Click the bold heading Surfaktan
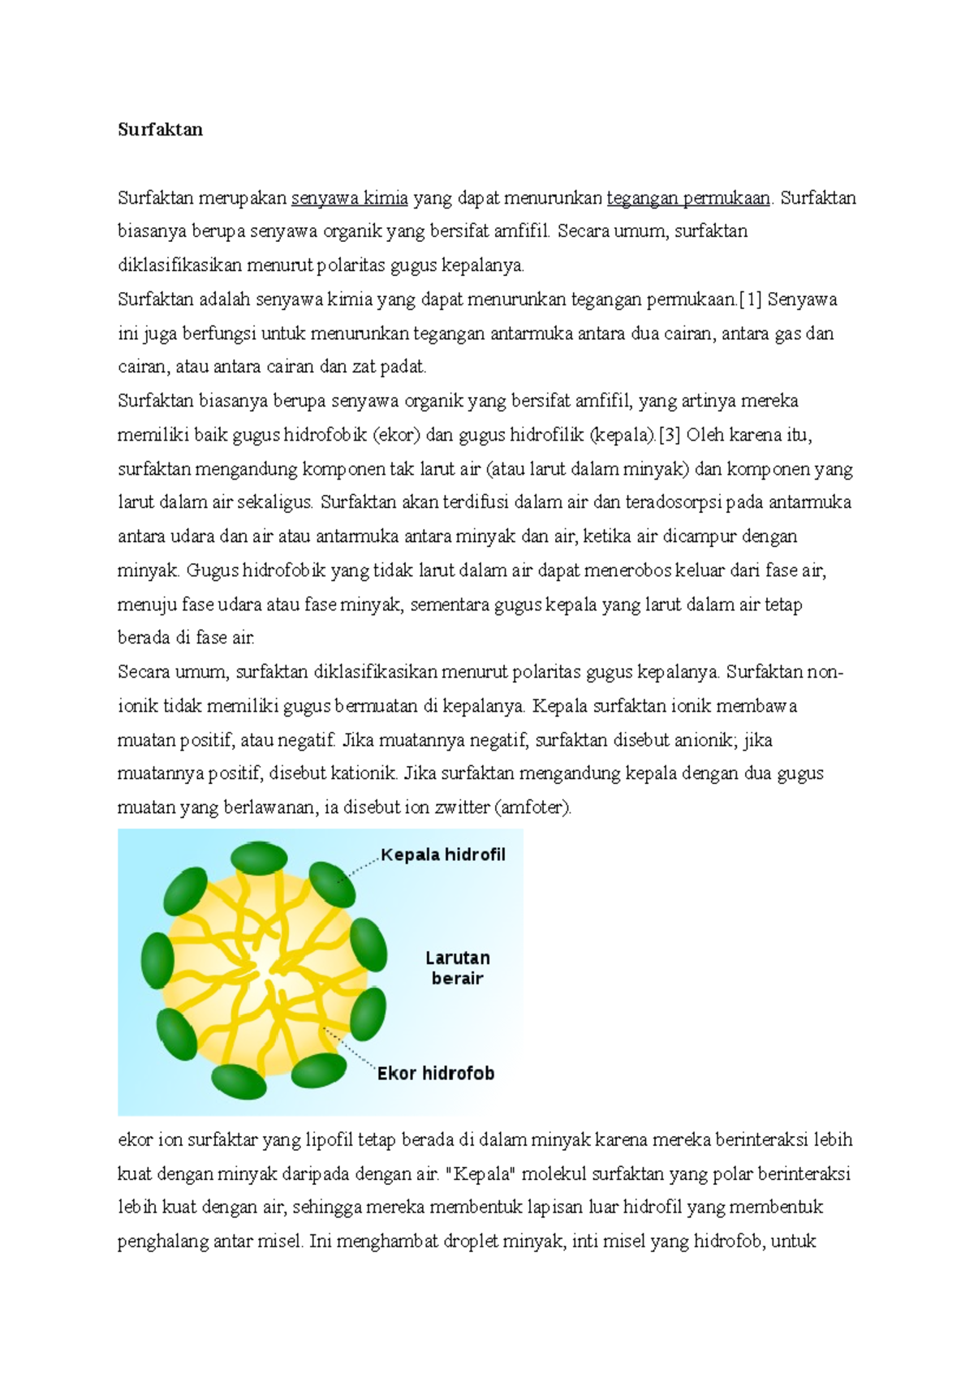pyautogui.click(x=160, y=130)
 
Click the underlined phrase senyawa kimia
pyautogui.click(x=349, y=198)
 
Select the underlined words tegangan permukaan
pyautogui.click(x=688, y=198)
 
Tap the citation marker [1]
pyautogui.click(x=750, y=299)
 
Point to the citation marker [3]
pyautogui.click(x=669, y=435)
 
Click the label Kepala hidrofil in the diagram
pyautogui.click(x=442, y=855)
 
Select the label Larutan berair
pyautogui.click(x=457, y=968)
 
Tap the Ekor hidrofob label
pyautogui.click(x=436, y=1074)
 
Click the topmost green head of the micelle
pyautogui.click(x=259, y=859)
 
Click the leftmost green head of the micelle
pyautogui.click(x=157, y=961)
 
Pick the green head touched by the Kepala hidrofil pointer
pyautogui.click(x=333, y=885)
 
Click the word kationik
pyautogui.click(x=364, y=773)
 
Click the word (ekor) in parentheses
pyautogui.click(x=396, y=435)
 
